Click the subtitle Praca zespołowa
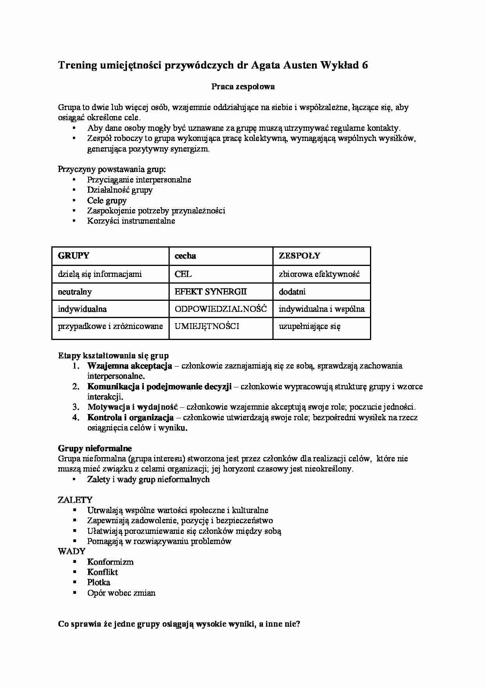coord(243,87)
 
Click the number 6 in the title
coord(365,65)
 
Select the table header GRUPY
coord(74,256)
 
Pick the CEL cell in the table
coord(183,274)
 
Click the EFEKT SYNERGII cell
coord(211,292)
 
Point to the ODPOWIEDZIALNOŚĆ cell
coord(221,309)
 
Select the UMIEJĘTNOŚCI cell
coord(207,326)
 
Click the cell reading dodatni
coord(292,292)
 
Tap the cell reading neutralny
coord(75,292)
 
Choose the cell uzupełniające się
coord(310,326)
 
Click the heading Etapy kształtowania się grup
coord(113,356)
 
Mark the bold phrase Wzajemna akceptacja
coord(130,366)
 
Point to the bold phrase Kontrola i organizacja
coord(131,418)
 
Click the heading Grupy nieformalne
coord(95,448)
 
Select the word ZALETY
coord(75,500)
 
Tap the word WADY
coord(72,551)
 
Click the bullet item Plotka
coord(99,582)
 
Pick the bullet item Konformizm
coord(111,562)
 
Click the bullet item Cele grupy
coord(107,201)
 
